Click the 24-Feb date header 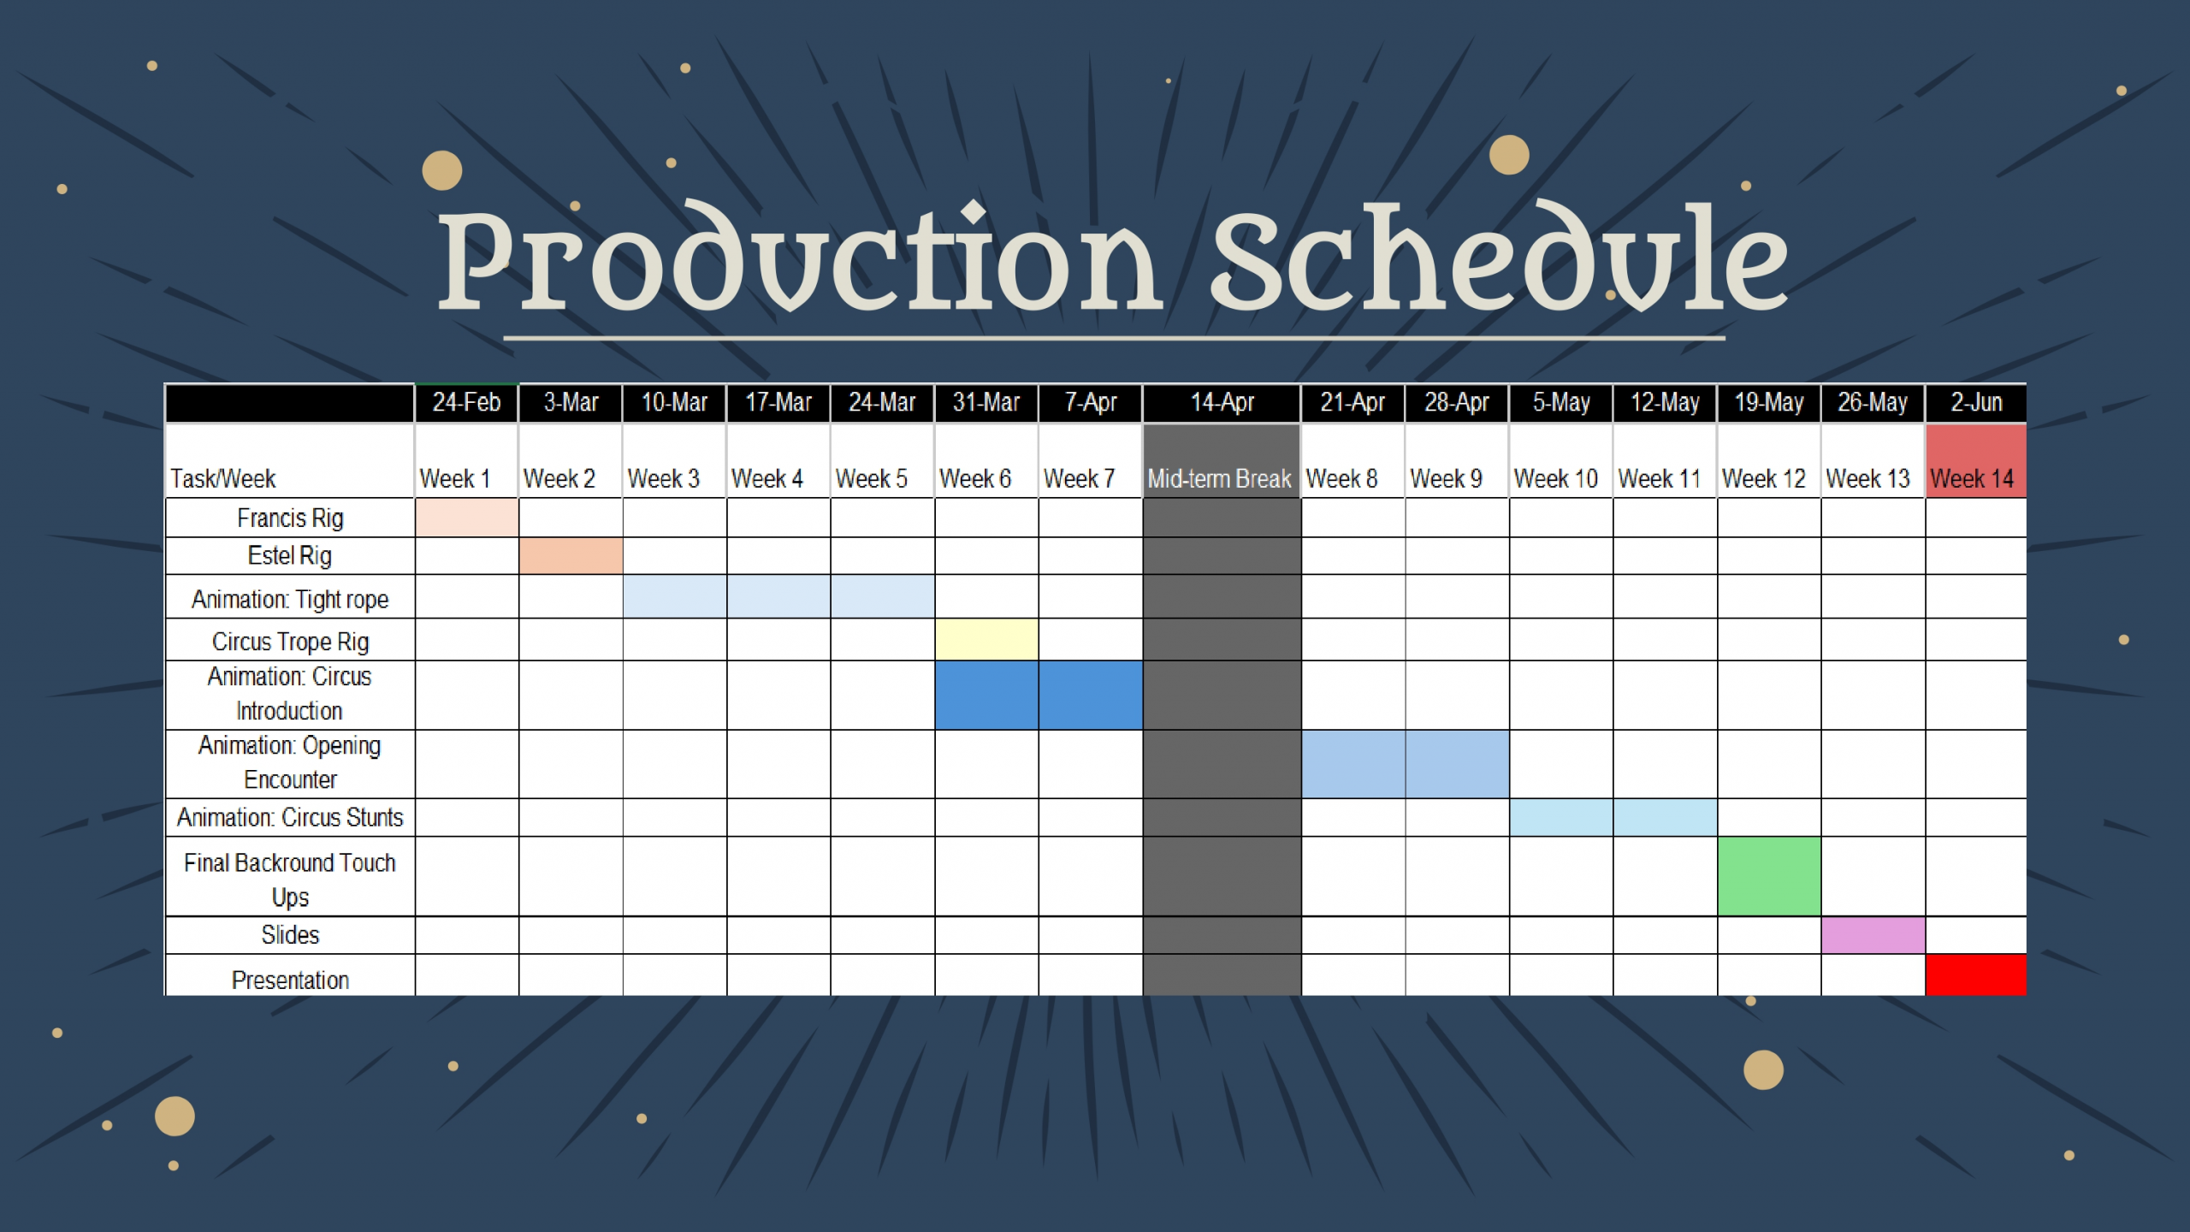(466, 402)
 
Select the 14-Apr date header (1222, 402)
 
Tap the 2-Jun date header (1976, 402)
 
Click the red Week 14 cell (1976, 460)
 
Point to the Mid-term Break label (1219, 478)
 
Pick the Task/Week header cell (290, 460)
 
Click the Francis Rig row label (290, 518)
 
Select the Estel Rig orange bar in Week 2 (571, 555)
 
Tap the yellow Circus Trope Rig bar (986, 639)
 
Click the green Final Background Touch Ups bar (1769, 876)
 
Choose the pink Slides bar (1873, 935)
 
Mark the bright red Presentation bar (1976, 974)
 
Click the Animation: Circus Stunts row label (290, 817)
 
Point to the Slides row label (290, 934)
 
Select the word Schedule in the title (1499, 257)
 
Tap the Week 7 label (1079, 478)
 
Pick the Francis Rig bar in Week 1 (466, 518)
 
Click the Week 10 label (1555, 478)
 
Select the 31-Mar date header (986, 402)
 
